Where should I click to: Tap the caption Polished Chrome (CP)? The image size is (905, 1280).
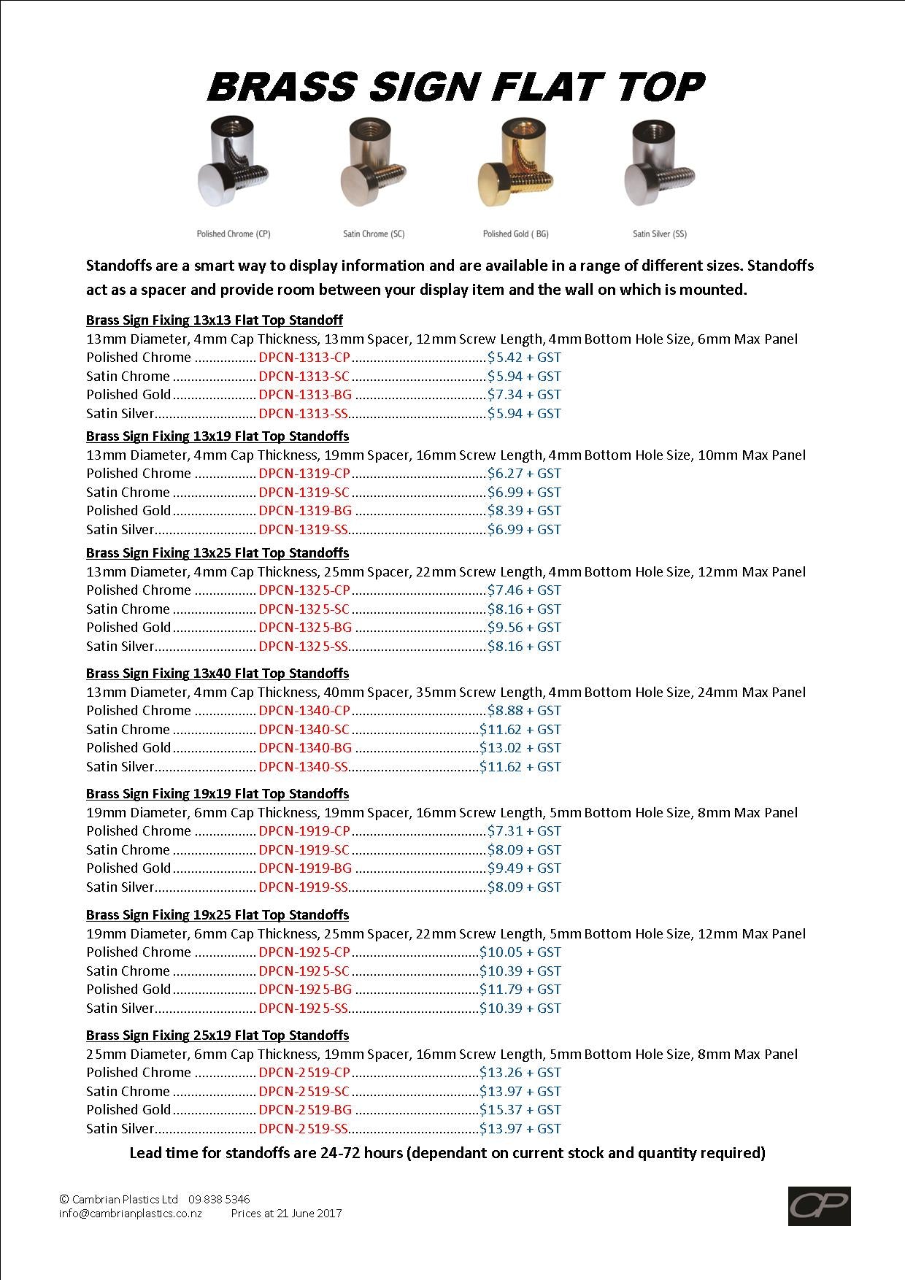click(x=234, y=234)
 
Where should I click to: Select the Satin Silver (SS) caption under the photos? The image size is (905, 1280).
click(x=660, y=234)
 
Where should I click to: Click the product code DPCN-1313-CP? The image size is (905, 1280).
click(x=304, y=358)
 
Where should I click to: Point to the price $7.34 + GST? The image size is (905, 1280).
click(x=524, y=395)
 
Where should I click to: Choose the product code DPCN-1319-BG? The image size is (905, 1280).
click(x=305, y=511)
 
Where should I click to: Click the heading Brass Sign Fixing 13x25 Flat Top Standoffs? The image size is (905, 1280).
click(x=217, y=553)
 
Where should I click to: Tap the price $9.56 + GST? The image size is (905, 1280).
click(x=524, y=628)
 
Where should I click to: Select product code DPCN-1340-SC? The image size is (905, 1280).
click(x=304, y=730)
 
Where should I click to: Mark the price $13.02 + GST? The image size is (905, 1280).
click(x=520, y=748)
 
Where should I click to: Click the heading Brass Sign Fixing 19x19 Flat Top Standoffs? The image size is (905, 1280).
click(x=217, y=794)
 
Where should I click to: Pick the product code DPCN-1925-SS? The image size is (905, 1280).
click(x=303, y=1009)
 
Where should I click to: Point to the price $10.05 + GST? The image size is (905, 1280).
click(x=520, y=952)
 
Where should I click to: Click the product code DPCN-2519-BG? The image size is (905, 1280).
click(x=305, y=1110)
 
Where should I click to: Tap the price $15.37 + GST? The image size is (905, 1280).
click(x=520, y=1110)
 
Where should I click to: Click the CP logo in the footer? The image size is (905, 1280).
click(x=819, y=1206)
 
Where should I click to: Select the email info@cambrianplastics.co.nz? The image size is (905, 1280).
click(x=131, y=1214)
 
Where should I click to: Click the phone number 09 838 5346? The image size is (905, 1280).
click(x=219, y=1199)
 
